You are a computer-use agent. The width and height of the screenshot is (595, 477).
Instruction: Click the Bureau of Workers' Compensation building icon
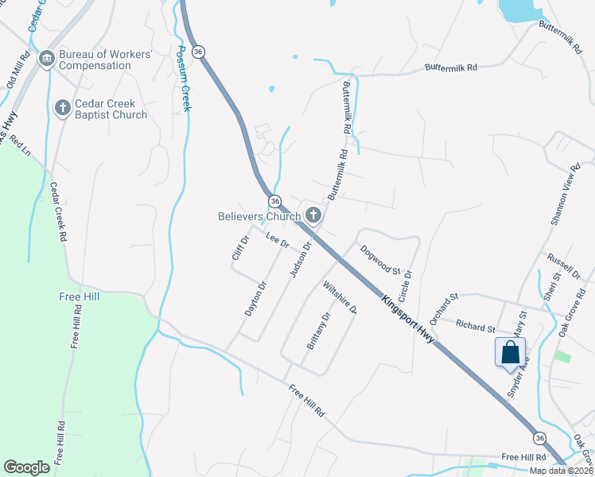pyautogui.click(x=46, y=59)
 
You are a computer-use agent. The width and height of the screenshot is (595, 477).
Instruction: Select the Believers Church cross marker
pyautogui.click(x=313, y=215)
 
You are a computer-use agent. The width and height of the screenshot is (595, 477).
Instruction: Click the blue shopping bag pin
pyautogui.click(x=510, y=352)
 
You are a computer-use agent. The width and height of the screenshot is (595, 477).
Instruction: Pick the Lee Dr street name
pyautogui.click(x=276, y=238)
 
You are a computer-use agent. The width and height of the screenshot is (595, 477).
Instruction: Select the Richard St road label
pyautogui.click(x=476, y=326)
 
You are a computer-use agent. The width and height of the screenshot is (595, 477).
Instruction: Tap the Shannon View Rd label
pyautogui.click(x=562, y=195)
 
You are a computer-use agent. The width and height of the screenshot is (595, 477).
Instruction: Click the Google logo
pyautogui.click(x=26, y=467)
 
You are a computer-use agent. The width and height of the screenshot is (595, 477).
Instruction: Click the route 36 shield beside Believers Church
pyautogui.click(x=274, y=200)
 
